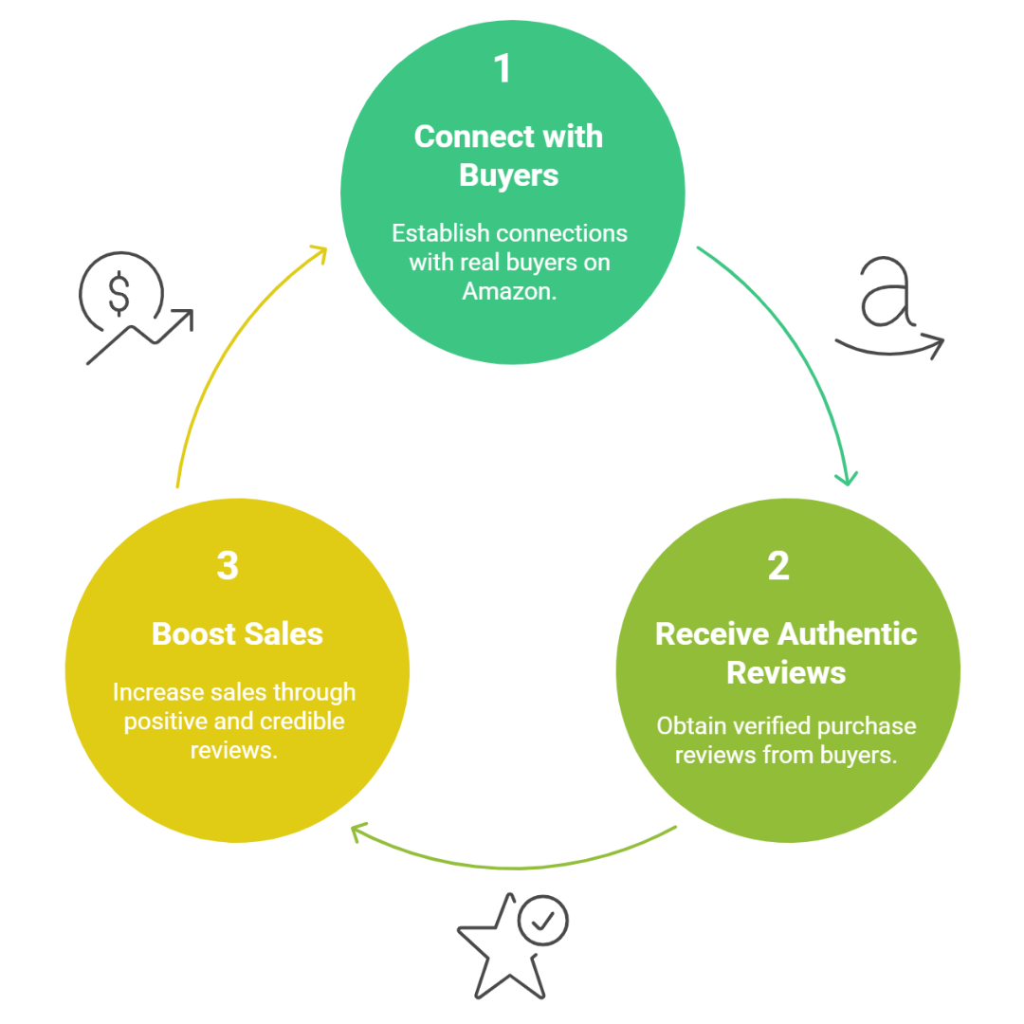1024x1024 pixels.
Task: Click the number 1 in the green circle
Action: [x=503, y=70]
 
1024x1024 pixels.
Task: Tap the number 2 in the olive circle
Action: [x=777, y=566]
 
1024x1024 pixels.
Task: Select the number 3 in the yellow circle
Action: [x=227, y=566]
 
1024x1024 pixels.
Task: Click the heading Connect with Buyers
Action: [x=508, y=155]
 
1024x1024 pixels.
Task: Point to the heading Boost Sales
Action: [x=237, y=633]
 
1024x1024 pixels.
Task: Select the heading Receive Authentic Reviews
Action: [x=786, y=653]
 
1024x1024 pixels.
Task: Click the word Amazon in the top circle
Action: [x=507, y=291]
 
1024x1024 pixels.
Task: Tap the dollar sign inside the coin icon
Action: [x=119, y=295]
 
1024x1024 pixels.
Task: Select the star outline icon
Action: [x=500, y=948]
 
